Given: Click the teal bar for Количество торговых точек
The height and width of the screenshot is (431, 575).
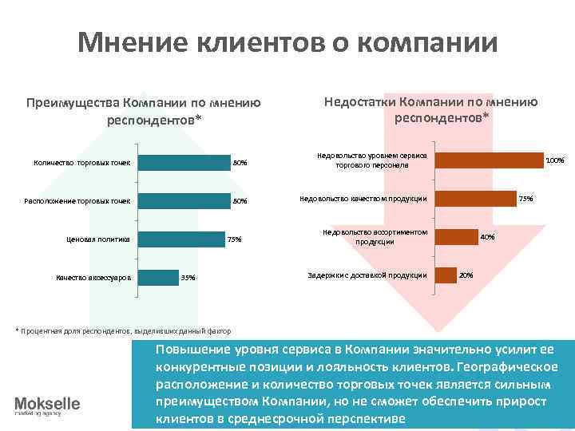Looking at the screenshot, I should point(184,163).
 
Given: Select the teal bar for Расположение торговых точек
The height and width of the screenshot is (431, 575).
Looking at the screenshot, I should point(184,200).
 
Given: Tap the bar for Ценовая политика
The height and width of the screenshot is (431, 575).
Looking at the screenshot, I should point(181,239).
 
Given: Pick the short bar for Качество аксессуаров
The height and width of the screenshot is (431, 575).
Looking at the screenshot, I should point(158,277).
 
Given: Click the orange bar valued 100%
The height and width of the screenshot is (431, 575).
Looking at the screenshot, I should point(489,160).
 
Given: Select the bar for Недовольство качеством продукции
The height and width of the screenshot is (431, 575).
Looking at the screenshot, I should point(475,198).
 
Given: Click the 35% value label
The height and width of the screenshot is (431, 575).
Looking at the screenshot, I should point(188,278).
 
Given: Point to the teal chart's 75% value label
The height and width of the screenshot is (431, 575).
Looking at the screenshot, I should point(235,239).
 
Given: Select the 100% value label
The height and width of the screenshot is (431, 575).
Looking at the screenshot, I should point(555,160).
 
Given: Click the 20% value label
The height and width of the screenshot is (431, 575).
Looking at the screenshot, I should point(466,275).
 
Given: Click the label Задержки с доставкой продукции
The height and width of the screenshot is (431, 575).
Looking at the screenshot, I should point(367,275).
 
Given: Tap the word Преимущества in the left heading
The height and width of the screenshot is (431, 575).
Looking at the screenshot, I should point(72,104).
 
